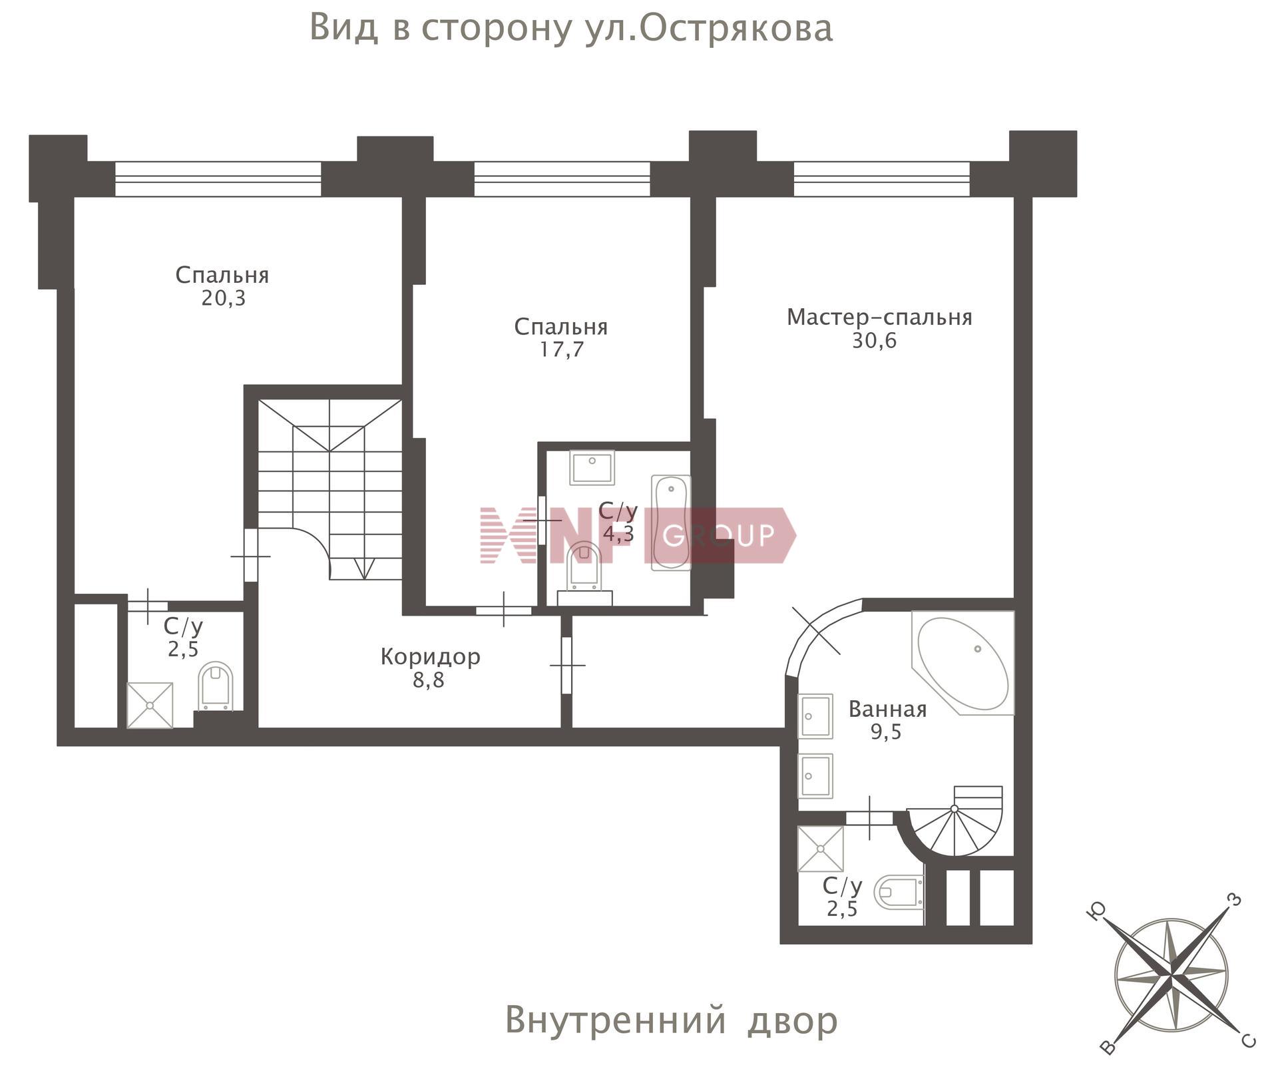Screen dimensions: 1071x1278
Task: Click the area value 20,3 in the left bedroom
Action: tap(224, 298)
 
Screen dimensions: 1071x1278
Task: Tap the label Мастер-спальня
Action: tap(879, 318)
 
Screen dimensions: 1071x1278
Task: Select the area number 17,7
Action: tap(561, 349)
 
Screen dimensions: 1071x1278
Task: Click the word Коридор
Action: tap(430, 657)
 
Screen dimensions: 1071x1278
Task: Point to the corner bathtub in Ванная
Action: tap(962, 664)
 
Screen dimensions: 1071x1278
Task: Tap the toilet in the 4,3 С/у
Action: tap(584, 566)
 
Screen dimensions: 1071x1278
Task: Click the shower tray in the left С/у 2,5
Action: tap(150, 705)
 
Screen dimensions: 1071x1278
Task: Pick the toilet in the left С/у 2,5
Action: tap(216, 686)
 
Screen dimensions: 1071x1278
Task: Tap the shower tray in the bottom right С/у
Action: tap(820, 849)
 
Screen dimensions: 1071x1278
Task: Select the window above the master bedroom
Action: tap(881, 178)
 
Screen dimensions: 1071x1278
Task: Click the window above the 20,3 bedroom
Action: tap(218, 178)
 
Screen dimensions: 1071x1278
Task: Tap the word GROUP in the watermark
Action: tap(719, 535)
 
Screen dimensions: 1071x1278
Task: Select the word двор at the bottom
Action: tap(792, 1020)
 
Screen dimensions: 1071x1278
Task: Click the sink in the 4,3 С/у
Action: tap(592, 467)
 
